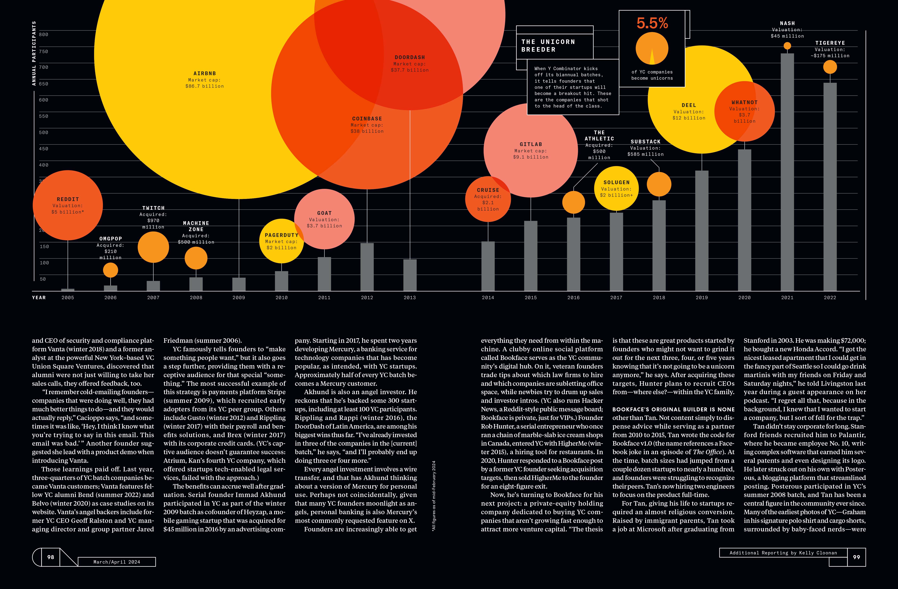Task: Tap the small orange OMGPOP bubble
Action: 111,270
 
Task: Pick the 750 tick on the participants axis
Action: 44,51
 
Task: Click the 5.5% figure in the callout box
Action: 652,23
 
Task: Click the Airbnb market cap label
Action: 204,80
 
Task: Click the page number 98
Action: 51,557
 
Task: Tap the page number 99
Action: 856,557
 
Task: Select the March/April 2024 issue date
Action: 117,562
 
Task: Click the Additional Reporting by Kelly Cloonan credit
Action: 783,553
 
